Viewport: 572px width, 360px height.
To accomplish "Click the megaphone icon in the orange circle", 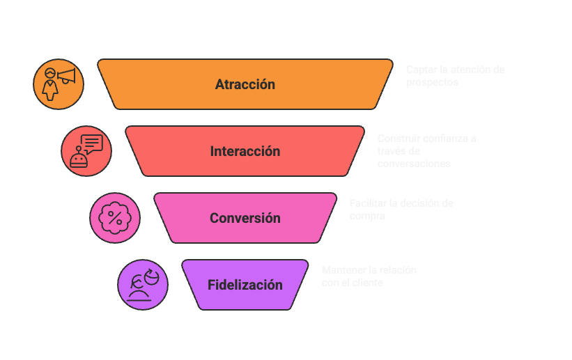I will click(59, 84).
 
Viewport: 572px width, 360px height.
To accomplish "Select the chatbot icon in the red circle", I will click(86, 151).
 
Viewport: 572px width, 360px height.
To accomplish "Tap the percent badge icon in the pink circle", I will click(114, 218).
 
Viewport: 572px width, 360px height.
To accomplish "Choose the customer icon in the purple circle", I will click(143, 285).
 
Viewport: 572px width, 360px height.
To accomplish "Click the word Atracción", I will click(245, 85).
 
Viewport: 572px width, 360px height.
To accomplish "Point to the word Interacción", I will click(245, 152).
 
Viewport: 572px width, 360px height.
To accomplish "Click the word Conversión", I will click(245, 219).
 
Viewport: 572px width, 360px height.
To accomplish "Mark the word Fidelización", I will click(245, 285).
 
